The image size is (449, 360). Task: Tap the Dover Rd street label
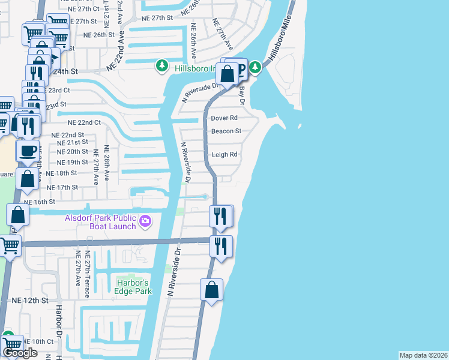tap(224, 118)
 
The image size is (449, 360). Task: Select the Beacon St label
tap(226, 131)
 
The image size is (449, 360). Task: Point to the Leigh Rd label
tap(224, 154)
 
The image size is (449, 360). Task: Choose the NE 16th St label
tap(39, 203)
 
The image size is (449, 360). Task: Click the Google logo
tap(20, 353)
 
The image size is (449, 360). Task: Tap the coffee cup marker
tap(28, 151)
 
